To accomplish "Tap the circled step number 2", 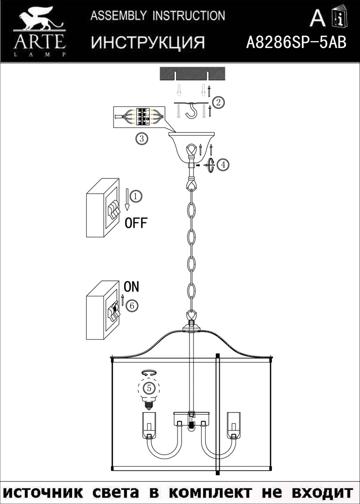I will [x=218, y=103].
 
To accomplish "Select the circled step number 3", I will [x=142, y=139].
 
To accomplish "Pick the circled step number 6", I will [x=131, y=305].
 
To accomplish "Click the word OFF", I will [x=136, y=223].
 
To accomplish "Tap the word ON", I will [x=131, y=287].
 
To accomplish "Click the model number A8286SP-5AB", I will [x=296, y=42].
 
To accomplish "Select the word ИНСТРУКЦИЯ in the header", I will [x=148, y=43].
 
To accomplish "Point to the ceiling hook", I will [x=191, y=112].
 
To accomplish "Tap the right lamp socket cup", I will [x=233, y=425].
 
